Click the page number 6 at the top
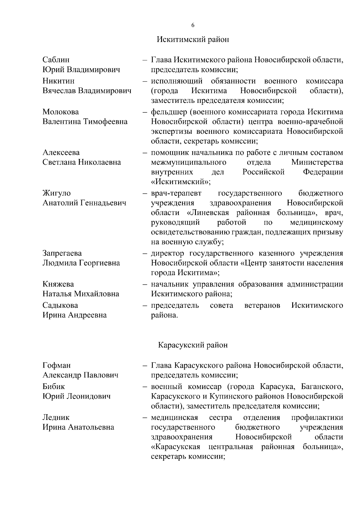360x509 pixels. pos(193,25)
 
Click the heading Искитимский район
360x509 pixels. pos(193,40)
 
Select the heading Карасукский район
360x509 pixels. pos(193,345)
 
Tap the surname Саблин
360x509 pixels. pos(56,60)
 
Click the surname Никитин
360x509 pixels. pos(58,81)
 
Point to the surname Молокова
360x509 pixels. pos(61,112)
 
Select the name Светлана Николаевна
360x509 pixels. pos(82,162)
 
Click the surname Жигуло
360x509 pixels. pos(57,193)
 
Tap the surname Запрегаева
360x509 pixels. pos(62,253)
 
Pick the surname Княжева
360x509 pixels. pos(58,284)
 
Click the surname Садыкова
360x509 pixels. pos(60,305)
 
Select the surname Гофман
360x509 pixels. pos(57,365)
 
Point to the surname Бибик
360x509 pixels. pos(54,387)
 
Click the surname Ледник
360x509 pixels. pos(56,417)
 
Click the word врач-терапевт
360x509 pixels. pos(176,193)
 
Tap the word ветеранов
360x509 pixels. pos(262,305)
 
